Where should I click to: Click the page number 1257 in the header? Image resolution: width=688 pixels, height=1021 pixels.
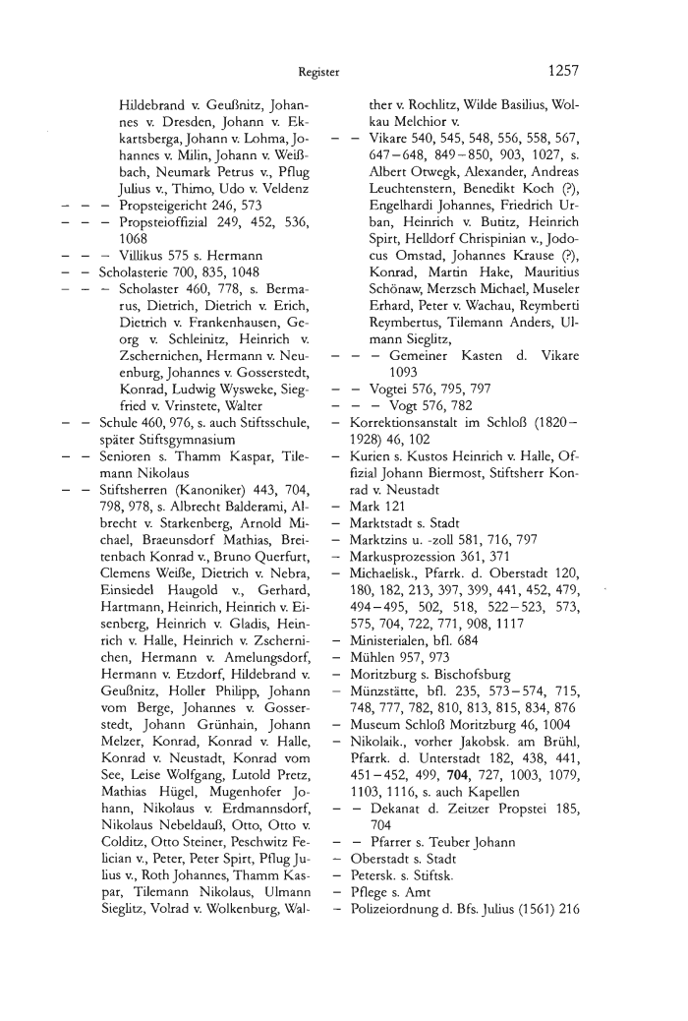point(556,71)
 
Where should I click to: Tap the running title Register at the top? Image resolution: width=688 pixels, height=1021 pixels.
point(319,72)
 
